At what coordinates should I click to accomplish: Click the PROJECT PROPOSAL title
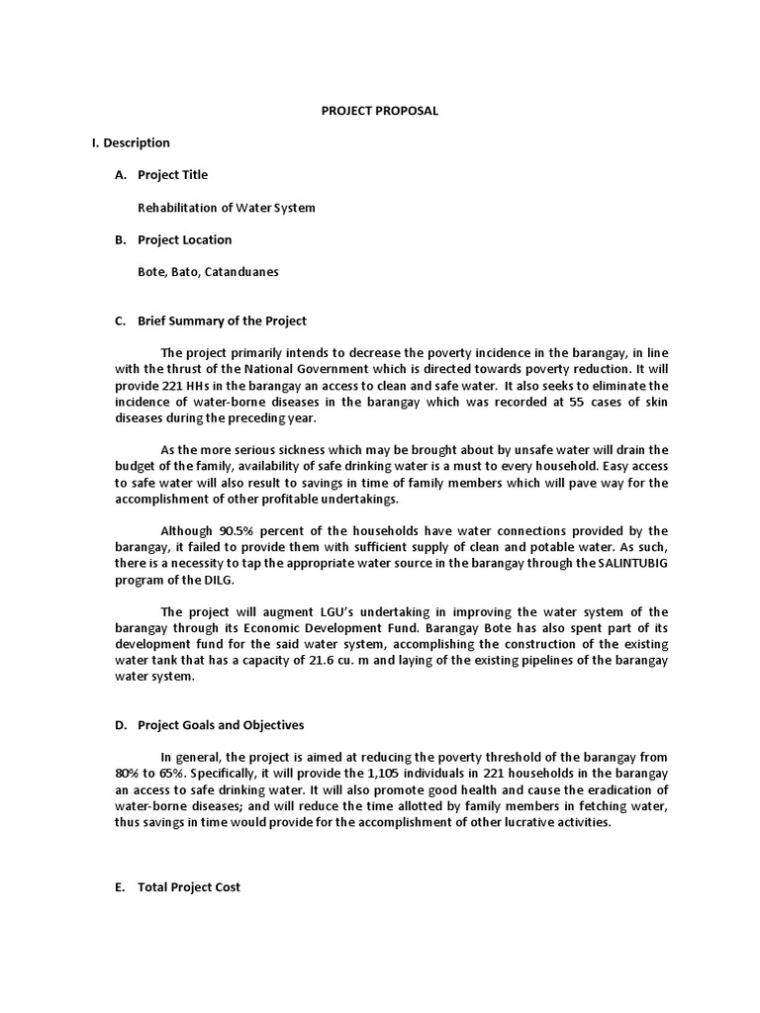pyautogui.click(x=379, y=111)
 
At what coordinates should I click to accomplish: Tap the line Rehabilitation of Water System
pyautogui.click(x=227, y=207)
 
